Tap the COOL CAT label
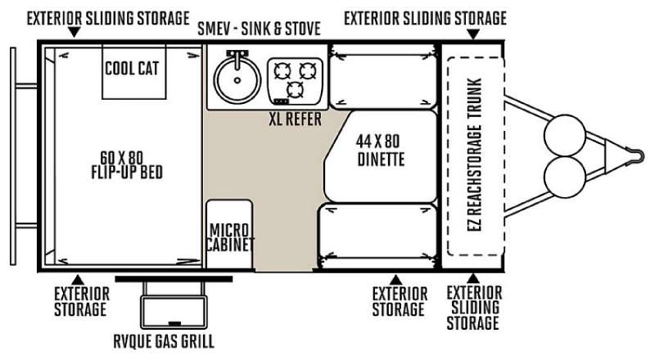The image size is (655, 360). [132, 69]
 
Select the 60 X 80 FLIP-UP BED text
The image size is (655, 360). [127, 165]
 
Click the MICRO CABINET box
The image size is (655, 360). [230, 234]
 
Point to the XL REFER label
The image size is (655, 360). [296, 119]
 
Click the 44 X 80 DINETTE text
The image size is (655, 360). [380, 151]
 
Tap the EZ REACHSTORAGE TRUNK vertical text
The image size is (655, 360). [475, 155]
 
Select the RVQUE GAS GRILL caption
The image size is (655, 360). [164, 341]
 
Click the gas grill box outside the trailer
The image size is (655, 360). [174, 312]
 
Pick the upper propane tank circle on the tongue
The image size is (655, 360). [565, 136]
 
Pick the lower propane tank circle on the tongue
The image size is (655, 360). [565, 177]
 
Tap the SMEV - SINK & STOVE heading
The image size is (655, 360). [259, 29]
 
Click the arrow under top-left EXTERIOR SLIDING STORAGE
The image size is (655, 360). [75, 32]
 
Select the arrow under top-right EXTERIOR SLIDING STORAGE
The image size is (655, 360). [473, 34]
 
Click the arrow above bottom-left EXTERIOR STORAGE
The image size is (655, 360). [78, 280]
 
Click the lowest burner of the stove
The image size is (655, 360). [296, 89]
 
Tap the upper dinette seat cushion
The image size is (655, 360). [383, 76]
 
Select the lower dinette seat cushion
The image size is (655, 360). [378, 236]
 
